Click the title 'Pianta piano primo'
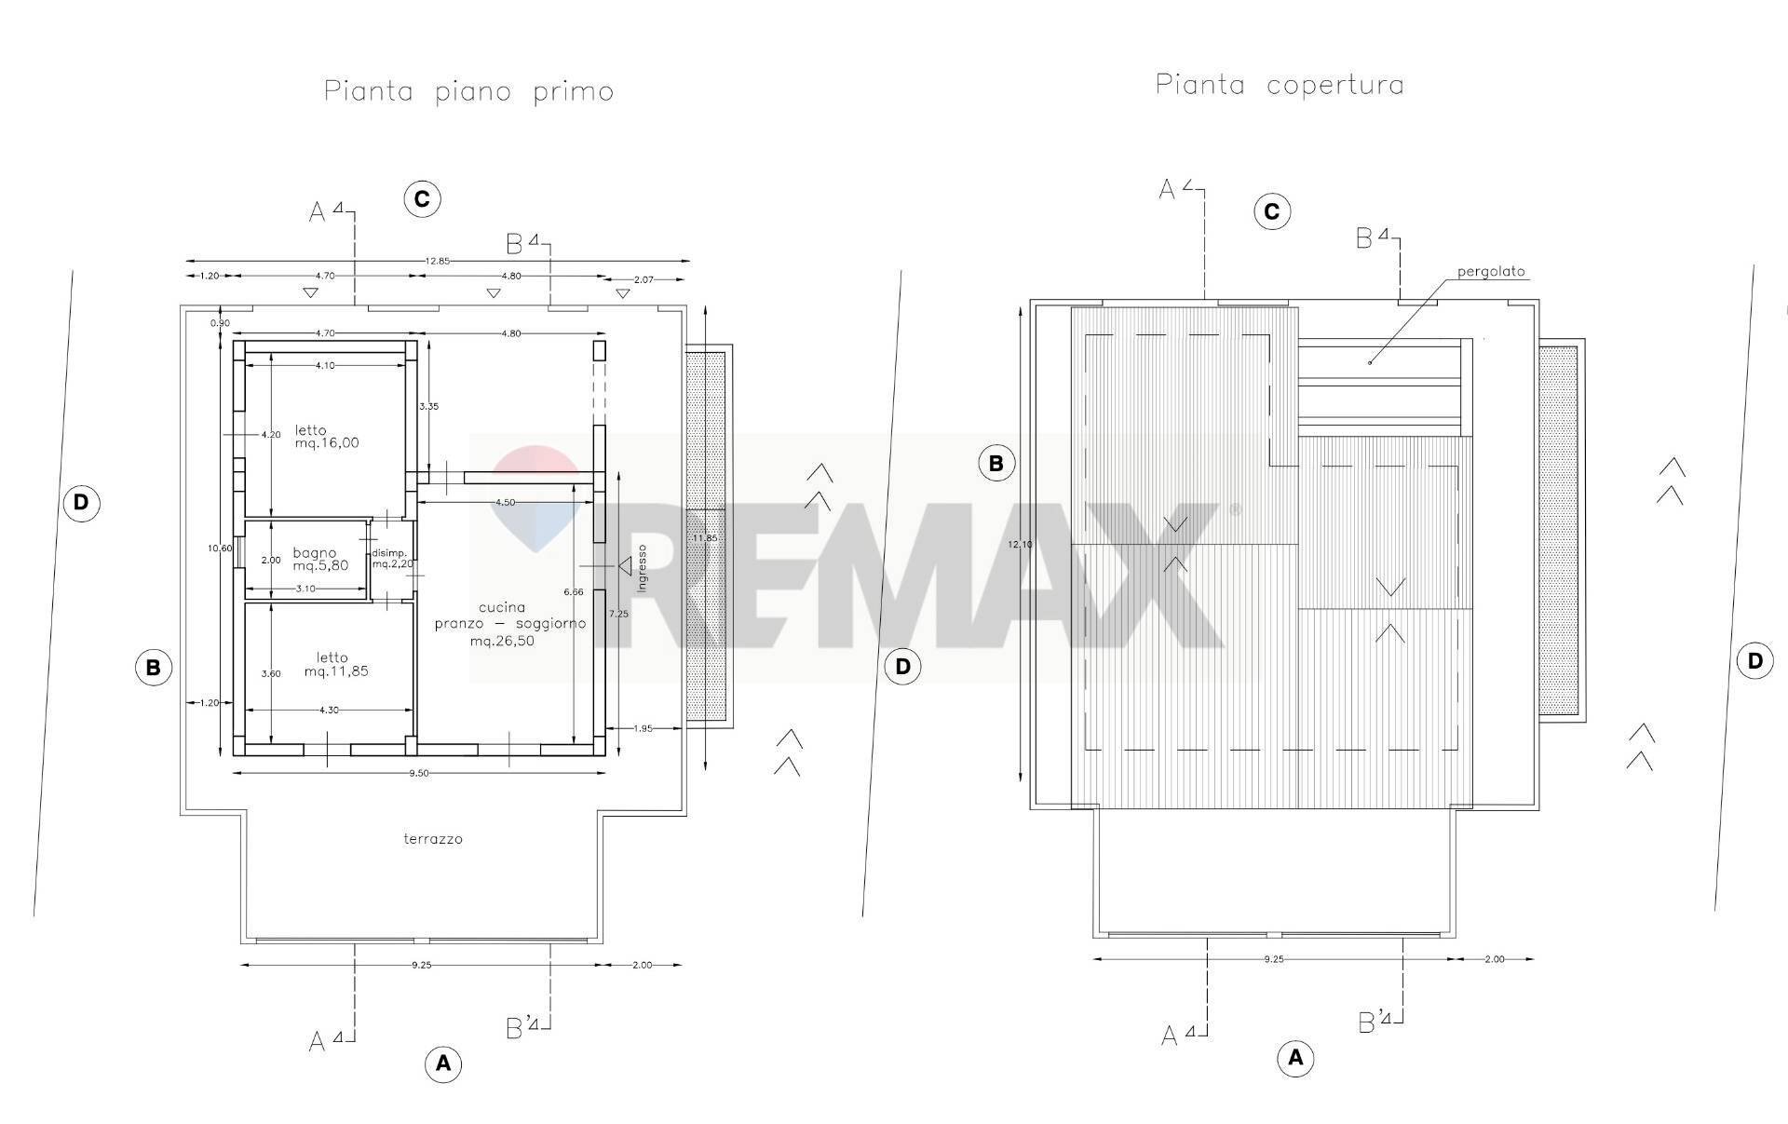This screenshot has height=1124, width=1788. point(468,92)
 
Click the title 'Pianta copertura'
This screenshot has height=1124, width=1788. point(1280,85)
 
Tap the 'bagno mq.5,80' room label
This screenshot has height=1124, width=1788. point(320,559)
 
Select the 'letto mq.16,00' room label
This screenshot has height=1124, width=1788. point(326,436)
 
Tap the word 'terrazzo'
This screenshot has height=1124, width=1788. point(432,839)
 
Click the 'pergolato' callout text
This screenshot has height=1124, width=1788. point(1492,272)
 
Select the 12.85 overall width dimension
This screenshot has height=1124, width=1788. point(437,262)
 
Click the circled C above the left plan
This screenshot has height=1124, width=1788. point(422,199)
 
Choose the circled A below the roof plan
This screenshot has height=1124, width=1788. point(1295,1058)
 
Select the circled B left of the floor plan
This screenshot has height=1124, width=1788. point(154,667)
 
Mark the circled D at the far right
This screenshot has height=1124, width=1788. point(1754,661)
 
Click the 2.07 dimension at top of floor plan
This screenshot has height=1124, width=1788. point(645,279)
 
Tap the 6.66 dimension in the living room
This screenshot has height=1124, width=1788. point(574,591)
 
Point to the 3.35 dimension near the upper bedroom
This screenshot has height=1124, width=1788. point(428,406)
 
